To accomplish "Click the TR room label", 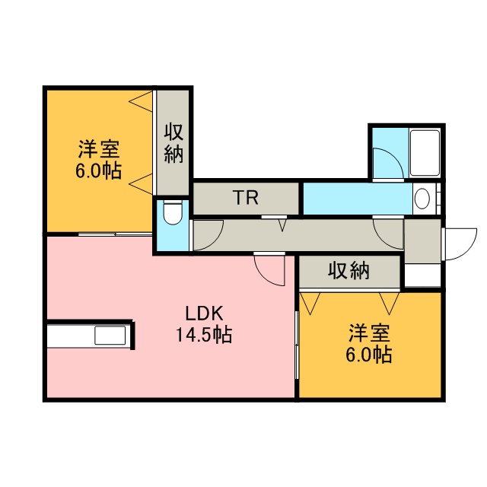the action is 245,198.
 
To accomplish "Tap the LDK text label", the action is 204,314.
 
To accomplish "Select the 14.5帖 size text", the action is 204,334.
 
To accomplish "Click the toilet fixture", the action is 173,213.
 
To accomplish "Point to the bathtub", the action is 425,153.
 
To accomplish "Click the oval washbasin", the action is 422,198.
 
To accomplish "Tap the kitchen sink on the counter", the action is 110,335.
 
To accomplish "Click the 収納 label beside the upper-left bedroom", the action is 173,143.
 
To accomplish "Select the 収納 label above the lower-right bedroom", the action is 349,271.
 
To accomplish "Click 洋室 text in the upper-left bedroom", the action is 99,149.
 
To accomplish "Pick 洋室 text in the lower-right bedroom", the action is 369,333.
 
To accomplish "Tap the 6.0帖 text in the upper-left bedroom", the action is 99,170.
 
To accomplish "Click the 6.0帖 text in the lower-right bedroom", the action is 369,354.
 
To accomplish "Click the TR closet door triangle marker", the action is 282,225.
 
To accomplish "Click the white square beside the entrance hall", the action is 422,275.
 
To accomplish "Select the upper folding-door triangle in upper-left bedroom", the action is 141,101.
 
